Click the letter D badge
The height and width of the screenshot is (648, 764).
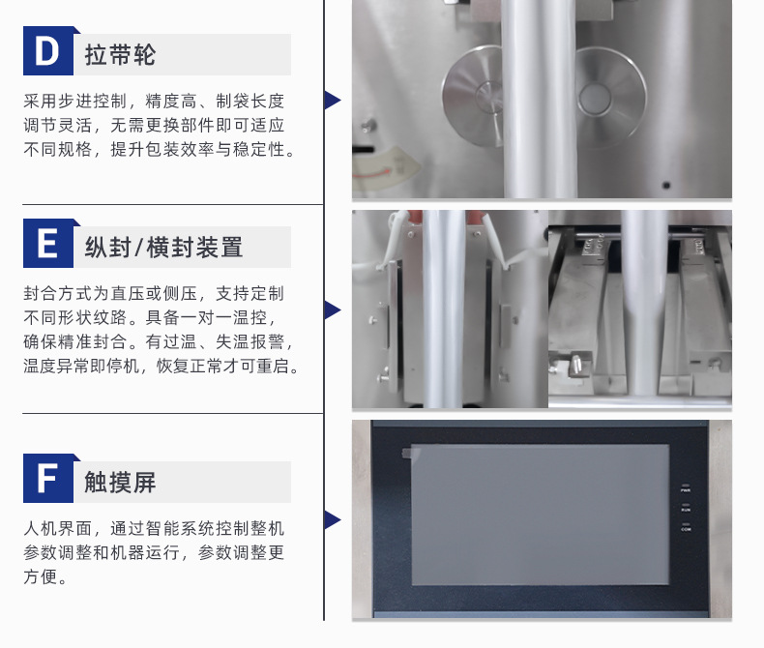[48, 50]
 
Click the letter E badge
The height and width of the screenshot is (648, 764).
[48, 243]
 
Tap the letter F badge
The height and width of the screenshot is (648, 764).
[48, 478]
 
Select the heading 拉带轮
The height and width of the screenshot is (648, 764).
[120, 54]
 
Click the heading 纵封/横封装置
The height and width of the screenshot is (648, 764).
[163, 247]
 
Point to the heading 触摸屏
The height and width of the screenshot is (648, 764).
[120, 482]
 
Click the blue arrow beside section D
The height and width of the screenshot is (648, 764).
[333, 100]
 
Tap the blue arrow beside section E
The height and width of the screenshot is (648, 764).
[333, 309]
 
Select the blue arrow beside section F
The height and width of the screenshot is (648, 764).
[333, 520]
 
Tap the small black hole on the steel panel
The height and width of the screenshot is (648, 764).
[666, 185]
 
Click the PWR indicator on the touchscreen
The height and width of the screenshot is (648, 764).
[686, 487]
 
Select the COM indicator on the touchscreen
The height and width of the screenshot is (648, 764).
[686, 527]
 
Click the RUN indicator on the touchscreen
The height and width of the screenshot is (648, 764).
[686, 507]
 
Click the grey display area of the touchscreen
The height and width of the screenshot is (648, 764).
[540, 515]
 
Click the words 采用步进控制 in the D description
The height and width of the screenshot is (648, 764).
[75, 102]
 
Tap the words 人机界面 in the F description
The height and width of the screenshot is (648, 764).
[57, 529]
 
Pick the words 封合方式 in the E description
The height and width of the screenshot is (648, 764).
[57, 294]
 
